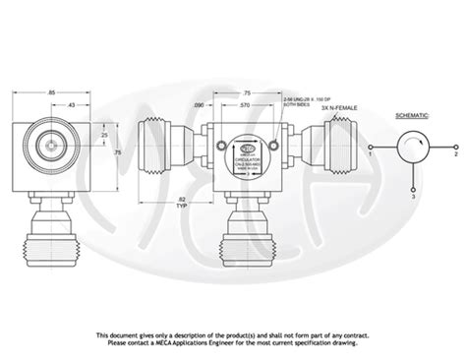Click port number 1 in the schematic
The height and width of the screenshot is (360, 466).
click(x=369, y=154)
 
